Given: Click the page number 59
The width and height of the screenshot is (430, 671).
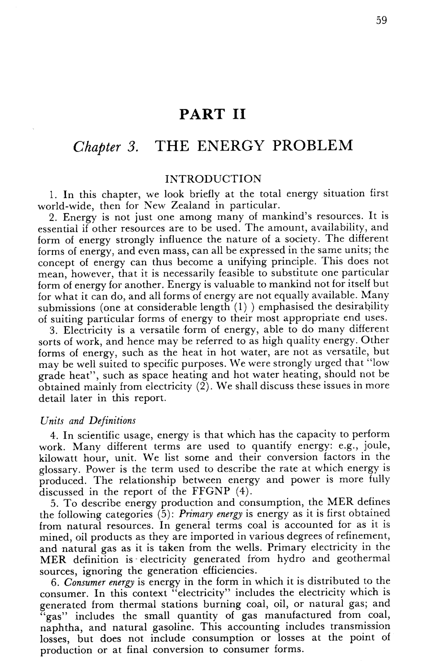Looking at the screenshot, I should (x=381, y=20).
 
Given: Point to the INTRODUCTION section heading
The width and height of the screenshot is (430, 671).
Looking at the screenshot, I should (x=213, y=179).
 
